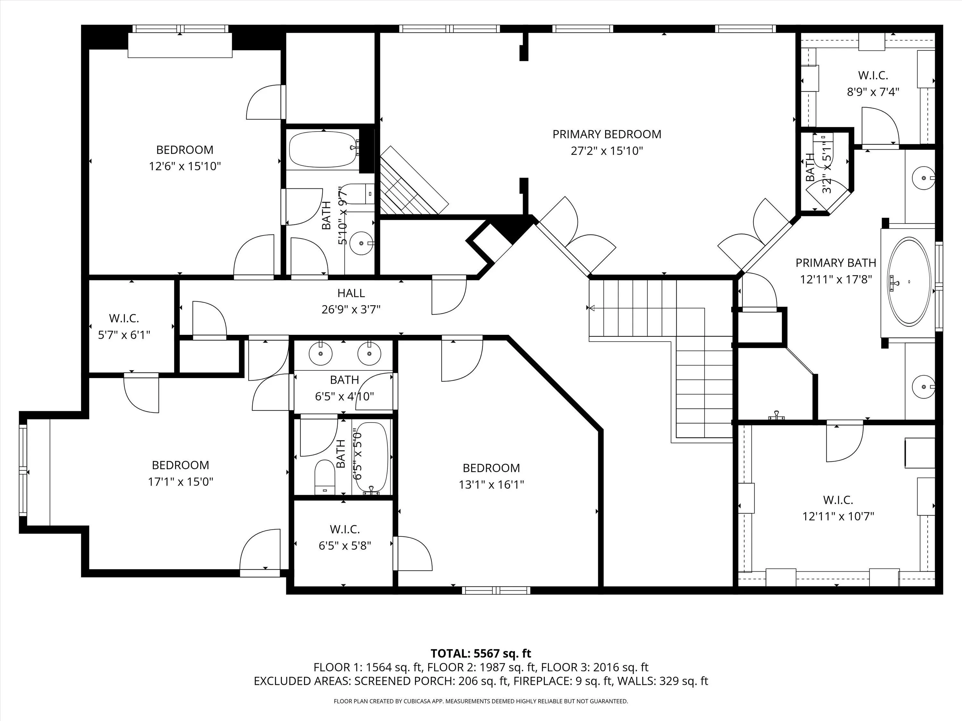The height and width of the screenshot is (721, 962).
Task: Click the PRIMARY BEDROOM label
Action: click(x=607, y=134)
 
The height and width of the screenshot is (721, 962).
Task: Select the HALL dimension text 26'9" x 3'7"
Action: click(x=351, y=310)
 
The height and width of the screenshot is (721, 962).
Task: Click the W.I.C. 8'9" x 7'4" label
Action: click(x=873, y=83)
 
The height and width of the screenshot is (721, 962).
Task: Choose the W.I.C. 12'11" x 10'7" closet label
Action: click(x=838, y=508)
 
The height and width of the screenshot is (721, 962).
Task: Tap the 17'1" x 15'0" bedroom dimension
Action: click(x=181, y=482)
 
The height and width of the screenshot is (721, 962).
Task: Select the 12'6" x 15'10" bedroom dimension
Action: click(x=185, y=166)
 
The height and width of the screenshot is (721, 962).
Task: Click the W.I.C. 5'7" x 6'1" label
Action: click(x=124, y=327)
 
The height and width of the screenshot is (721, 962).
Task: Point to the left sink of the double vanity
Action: click(x=321, y=354)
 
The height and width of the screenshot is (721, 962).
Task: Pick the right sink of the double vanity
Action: click(x=369, y=354)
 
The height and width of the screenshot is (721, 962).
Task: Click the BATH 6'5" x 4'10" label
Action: click(x=344, y=388)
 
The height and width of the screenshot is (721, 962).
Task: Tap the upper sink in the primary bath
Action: click(x=923, y=178)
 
